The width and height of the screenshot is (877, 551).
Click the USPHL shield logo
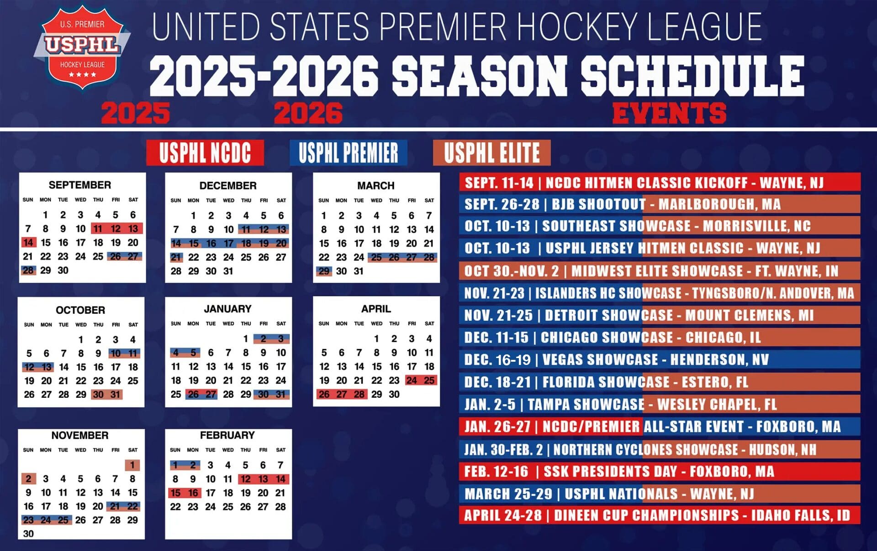pyautogui.click(x=82, y=47)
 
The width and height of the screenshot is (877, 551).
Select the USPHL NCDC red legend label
pyautogui.click(x=205, y=153)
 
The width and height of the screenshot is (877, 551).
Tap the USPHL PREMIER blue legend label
pyautogui.click(x=348, y=153)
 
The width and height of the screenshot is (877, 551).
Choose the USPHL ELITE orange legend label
pyautogui.click(x=491, y=153)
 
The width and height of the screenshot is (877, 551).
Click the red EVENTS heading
pyautogui.click(x=669, y=113)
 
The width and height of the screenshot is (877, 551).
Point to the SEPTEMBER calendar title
pyautogui.click(x=80, y=185)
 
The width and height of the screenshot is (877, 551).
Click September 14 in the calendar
pyautogui.click(x=28, y=243)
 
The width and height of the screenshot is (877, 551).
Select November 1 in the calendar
pyautogui.click(x=132, y=465)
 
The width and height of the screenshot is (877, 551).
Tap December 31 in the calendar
pyautogui.click(x=228, y=271)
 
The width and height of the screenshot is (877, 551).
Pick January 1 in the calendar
pyautogui.click(x=246, y=339)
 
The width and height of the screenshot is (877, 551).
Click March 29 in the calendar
pyautogui.click(x=324, y=271)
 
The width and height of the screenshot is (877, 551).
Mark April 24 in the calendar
pyautogui.click(x=412, y=380)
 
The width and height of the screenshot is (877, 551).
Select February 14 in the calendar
pyautogui.click(x=280, y=479)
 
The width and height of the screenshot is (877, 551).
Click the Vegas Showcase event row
pyautogui.click(x=659, y=360)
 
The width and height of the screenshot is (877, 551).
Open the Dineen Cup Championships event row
pyautogui.click(x=659, y=515)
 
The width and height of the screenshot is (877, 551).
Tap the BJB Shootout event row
pyautogui.click(x=659, y=204)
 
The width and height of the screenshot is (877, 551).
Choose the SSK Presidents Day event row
pyautogui.click(x=659, y=471)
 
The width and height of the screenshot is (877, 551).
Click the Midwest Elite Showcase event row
pyautogui.click(x=659, y=271)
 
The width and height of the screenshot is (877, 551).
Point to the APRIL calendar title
pyautogui.click(x=376, y=309)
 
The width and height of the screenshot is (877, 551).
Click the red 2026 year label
pyautogui.click(x=308, y=113)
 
